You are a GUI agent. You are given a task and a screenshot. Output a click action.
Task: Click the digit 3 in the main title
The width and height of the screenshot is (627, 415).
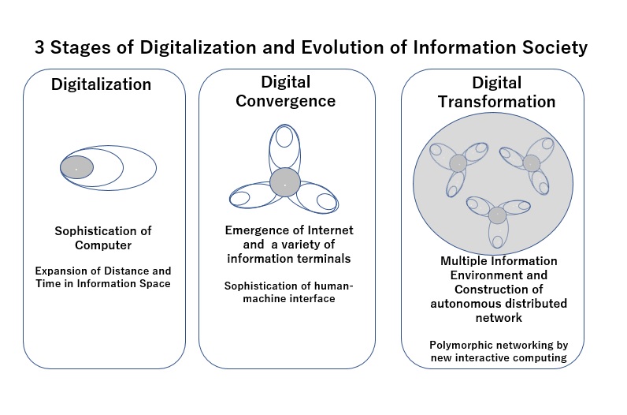point(39,47)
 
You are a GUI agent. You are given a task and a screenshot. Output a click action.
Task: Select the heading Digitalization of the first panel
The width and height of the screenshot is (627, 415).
point(101,84)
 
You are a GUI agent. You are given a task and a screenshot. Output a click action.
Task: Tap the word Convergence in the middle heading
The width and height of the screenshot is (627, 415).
point(285,101)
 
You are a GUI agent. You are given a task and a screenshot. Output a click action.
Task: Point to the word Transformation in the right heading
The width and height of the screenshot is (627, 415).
point(497,102)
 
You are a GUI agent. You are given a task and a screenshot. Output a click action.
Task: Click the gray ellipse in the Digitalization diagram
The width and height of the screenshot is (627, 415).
point(76,167)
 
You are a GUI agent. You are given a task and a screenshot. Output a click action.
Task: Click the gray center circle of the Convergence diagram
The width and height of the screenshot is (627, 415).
point(284,182)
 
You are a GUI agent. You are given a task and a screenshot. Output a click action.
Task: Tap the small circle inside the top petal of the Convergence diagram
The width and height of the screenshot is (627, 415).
point(284,136)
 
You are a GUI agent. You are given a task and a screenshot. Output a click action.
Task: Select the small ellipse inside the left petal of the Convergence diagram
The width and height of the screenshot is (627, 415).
point(240,198)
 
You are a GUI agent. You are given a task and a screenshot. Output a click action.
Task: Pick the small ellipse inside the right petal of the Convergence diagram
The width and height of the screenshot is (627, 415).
point(327,201)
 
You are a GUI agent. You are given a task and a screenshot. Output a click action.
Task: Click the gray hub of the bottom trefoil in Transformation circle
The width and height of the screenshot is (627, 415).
point(497,215)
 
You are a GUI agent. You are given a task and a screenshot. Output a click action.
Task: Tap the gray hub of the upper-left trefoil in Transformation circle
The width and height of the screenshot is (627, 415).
point(458,163)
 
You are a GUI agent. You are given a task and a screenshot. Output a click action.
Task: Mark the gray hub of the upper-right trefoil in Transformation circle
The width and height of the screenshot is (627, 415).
point(532,163)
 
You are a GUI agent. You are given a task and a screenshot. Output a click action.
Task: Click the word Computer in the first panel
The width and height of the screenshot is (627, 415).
point(103,245)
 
